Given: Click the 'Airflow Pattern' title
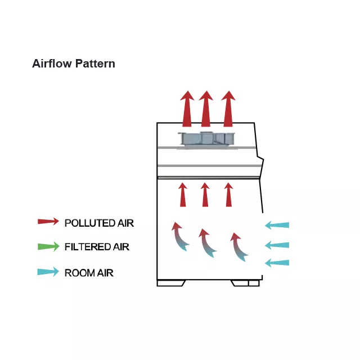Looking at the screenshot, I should (74, 64).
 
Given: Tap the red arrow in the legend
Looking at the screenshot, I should (48, 222).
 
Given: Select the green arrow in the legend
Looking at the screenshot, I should (48, 246).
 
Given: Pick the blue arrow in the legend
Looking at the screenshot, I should (48, 272).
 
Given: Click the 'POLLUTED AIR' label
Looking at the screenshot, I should (99, 223).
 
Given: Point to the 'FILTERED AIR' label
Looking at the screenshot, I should (97, 247).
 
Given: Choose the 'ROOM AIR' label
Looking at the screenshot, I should (89, 273).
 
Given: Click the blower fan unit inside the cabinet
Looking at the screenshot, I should (206, 139).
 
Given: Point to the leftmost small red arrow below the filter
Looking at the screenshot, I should (183, 195).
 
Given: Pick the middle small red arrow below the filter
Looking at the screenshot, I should (205, 195).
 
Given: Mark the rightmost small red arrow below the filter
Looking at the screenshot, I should (228, 195).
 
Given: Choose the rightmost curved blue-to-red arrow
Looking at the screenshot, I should (238, 246).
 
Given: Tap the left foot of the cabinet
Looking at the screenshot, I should (170, 283).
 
